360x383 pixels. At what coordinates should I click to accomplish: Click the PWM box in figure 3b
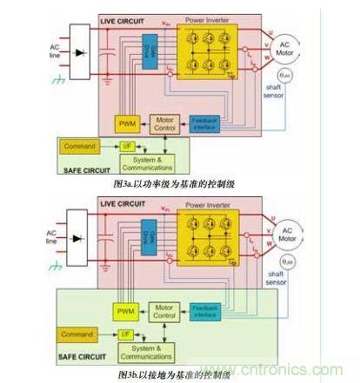click(x=127, y=308)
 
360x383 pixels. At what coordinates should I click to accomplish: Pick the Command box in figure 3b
click(x=77, y=333)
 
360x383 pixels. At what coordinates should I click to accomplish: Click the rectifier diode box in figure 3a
click(x=81, y=53)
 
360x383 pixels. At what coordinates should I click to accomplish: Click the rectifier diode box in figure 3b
click(x=81, y=238)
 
